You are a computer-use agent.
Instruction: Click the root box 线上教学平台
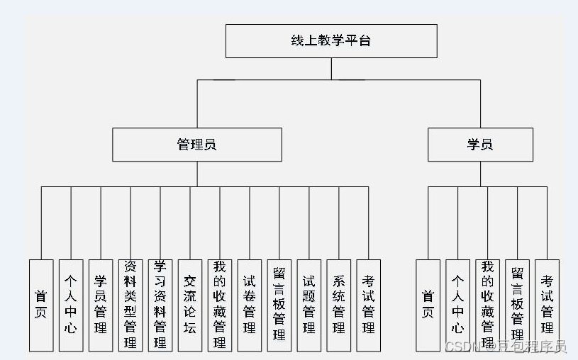[x=331, y=41]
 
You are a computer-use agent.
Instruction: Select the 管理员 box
[x=196, y=145]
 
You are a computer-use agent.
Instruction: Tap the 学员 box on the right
[x=480, y=145]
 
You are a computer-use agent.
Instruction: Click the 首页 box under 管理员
[x=41, y=305]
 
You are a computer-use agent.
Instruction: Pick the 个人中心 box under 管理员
[x=71, y=305]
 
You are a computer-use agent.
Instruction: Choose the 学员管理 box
[x=101, y=305]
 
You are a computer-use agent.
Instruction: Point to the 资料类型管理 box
[x=130, y=305]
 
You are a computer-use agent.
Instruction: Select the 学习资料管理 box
[x=160, y=305]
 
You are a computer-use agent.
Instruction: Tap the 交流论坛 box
[x=190, y=305]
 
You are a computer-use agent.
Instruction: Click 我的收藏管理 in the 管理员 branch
[x=220, y=305]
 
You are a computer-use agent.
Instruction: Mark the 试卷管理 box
[x=250, y=305]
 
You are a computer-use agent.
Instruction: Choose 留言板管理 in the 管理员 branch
[x=279, y=305]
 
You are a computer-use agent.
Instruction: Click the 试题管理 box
[x=309, y=305]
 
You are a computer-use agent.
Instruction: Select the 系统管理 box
[x=339, y=305]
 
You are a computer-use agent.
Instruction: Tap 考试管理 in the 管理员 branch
[x=369, y=305]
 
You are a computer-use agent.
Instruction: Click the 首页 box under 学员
[x=428, y=305]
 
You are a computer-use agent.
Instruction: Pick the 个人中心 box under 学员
[x=457, y=305]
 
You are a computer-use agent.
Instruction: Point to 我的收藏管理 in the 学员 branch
[x=487, y=305]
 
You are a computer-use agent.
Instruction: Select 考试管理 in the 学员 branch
[x=547, y=305]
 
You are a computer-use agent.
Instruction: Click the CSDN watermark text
[x=505, y=347]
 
